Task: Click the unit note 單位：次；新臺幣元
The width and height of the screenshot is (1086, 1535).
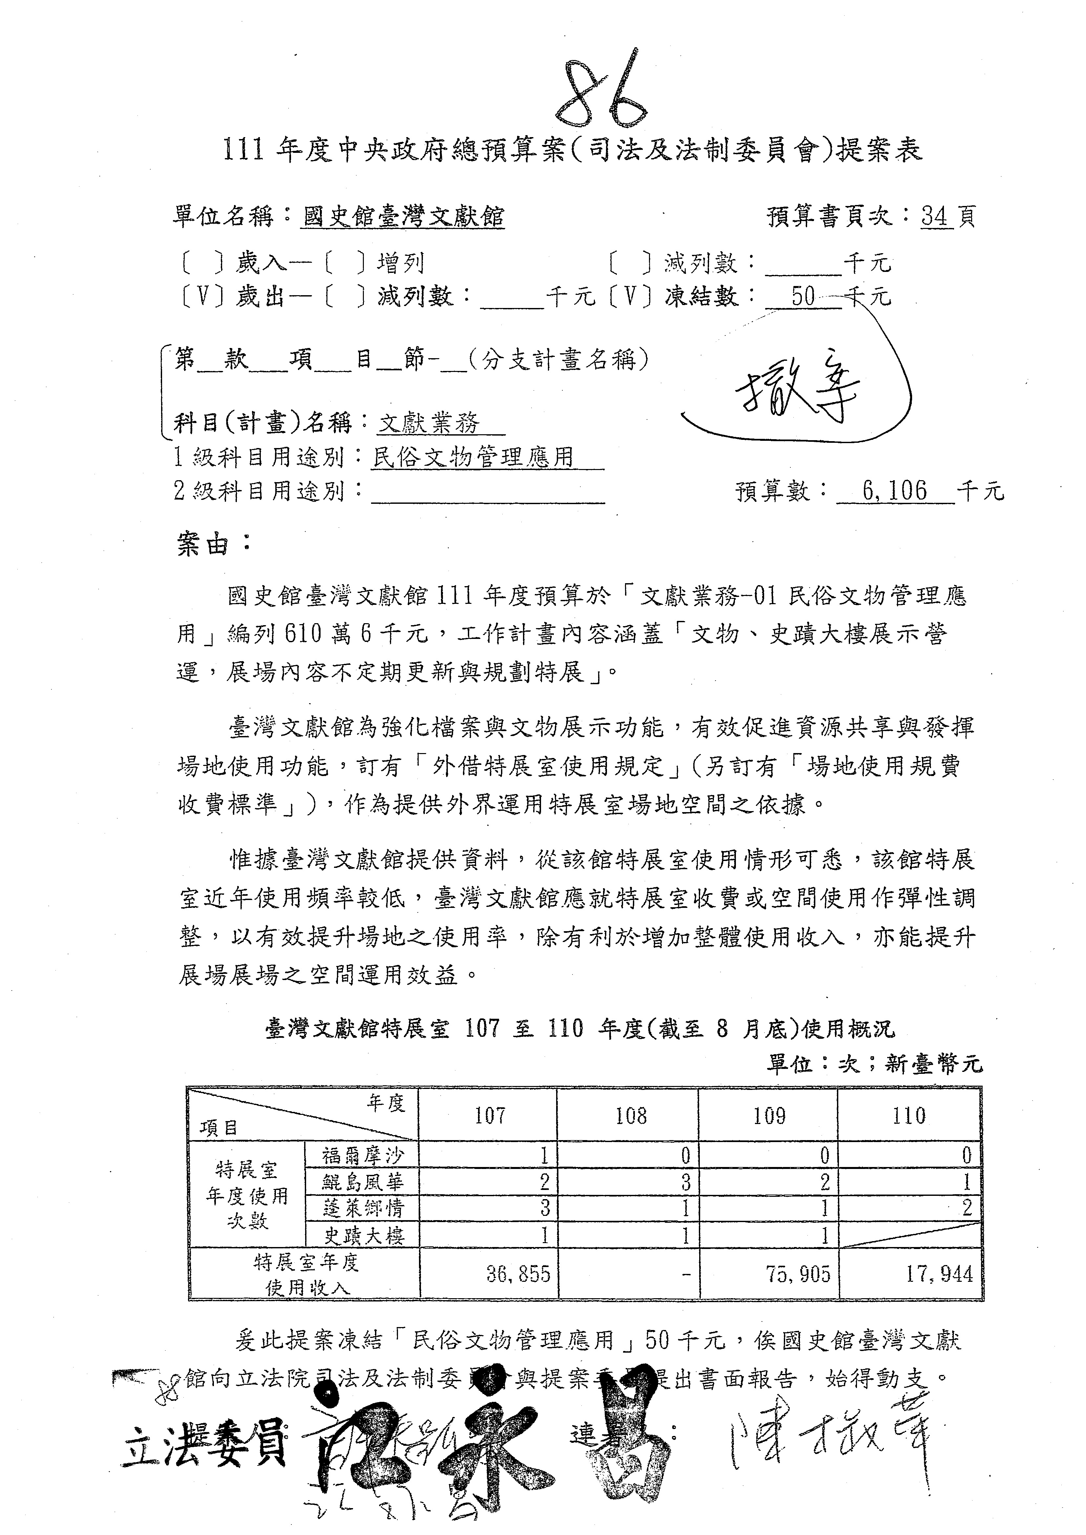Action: tap(874, 1064)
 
